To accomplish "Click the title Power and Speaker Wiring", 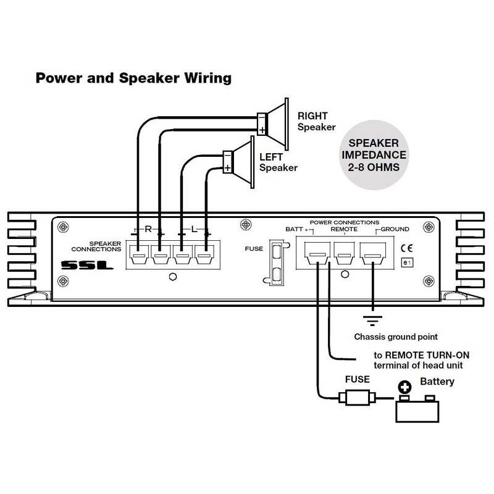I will click(x=133, y=78).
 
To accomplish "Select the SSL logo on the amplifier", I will click(x=85, y=267).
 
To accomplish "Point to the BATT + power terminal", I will click(x=317, y=253).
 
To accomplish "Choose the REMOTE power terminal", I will click(x=344, y=253).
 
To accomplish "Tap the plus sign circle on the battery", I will click(x=405, y=387).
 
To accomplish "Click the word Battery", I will click(x=437, y=382).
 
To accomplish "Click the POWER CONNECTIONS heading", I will click(x=343, y=222).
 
